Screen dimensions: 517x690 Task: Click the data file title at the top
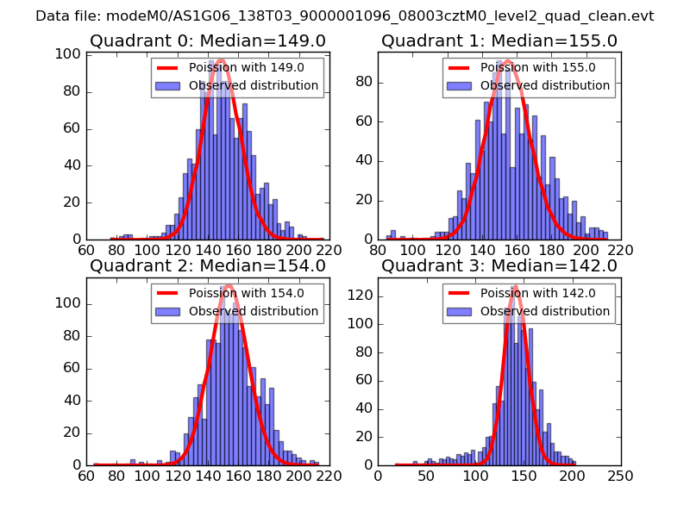coord(345,16)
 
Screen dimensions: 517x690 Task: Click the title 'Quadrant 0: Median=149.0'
coord(207,40)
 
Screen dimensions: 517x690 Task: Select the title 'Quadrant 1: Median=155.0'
coord(499,40)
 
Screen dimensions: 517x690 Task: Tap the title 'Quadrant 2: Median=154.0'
coord(207,265)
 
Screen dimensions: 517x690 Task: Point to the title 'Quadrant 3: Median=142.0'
coord(499,265)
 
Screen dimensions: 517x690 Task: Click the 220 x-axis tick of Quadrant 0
coord(329,250)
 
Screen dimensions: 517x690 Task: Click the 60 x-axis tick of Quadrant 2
coord(87,475)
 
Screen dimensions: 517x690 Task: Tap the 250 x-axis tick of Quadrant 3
coord(620,475)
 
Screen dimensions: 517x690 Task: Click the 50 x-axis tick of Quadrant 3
coord(426,475)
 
